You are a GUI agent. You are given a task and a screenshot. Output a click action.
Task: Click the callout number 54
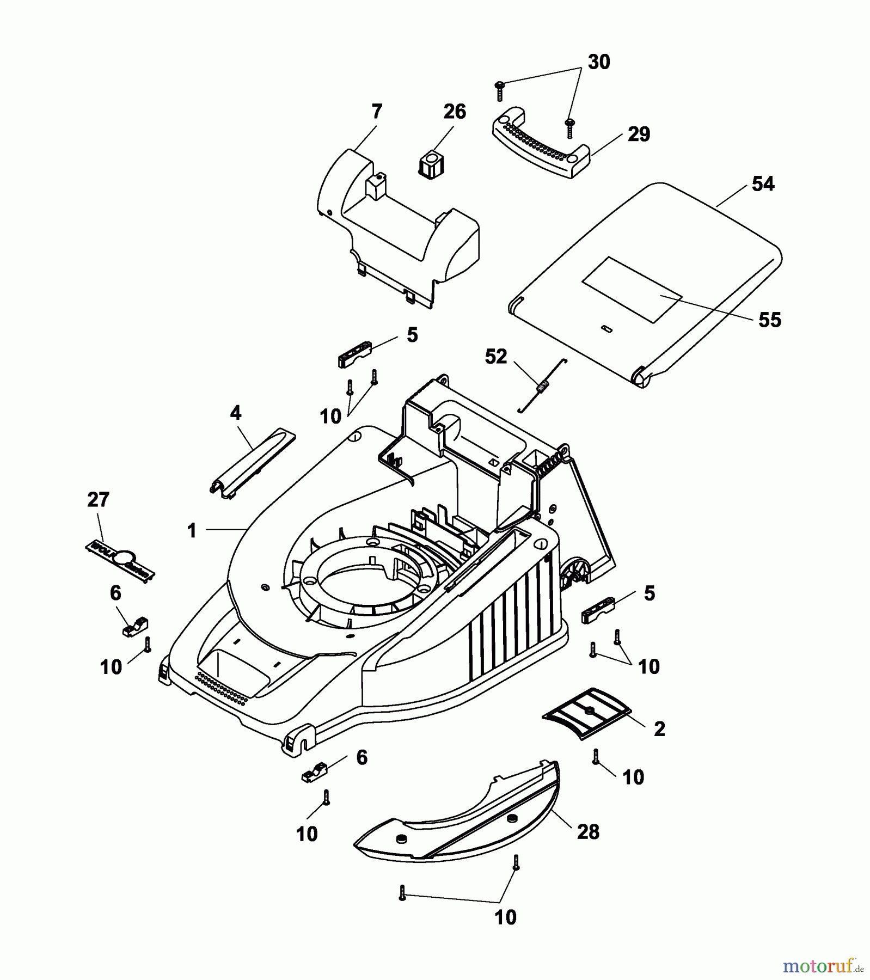coord(762,184)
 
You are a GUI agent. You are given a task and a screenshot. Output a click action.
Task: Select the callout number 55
coord(769,320)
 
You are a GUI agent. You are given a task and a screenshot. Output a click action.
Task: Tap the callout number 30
coord(598,63)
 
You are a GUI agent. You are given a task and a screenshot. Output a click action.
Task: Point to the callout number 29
coord(639,134)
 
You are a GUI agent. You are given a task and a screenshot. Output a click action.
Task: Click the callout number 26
coord(454,112)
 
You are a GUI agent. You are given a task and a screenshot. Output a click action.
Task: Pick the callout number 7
coord(377,112)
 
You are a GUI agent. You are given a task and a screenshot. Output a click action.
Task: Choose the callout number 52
coord(495,357)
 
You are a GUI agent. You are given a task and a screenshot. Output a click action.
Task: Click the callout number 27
coord(98,500)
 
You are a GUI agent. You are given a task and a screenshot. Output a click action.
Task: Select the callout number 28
coord(587,832)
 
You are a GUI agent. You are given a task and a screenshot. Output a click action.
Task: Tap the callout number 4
coord(235,413)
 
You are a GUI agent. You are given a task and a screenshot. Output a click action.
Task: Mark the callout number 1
coord(192,530)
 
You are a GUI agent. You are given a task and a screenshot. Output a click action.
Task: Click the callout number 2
coord(659,729)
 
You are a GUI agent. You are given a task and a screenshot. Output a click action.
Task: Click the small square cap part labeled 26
coord(431,165)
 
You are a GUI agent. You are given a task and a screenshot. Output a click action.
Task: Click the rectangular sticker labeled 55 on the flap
coord(632,289)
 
